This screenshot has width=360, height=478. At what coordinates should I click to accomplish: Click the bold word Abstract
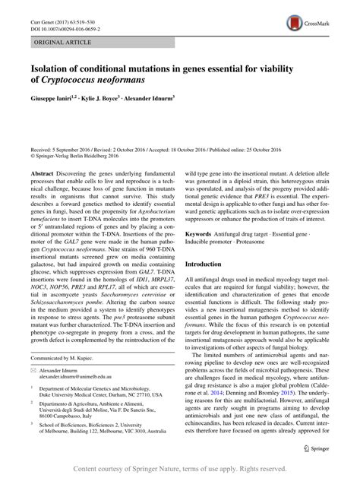pyautogui.click(x=43, y=174)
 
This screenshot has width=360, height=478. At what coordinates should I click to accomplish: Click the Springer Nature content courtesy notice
pyautogui.click(x=180, y=467)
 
